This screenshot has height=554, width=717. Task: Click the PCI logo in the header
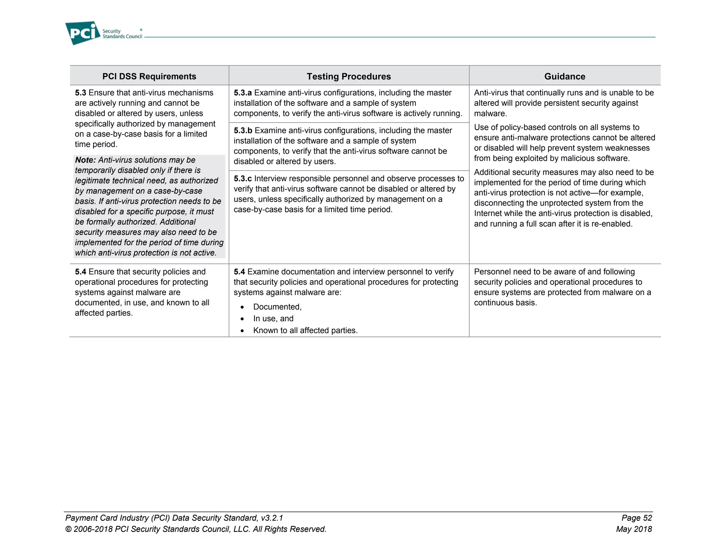click(x=83, y=33)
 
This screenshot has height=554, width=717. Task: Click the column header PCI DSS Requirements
click(x=149, y=76)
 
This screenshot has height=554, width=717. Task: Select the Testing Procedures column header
click(x=349, y=76)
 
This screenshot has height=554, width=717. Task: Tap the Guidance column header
click(x=564, y=76)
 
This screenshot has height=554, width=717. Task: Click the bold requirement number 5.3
click(x=81, y=93)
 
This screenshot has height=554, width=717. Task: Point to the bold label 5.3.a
click(x=243, y=93)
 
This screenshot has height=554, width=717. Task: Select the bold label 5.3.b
click(x=243, y=131)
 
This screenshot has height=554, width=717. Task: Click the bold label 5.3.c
click(x=243, y=179)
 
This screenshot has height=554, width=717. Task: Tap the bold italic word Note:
click(x=85, y=160)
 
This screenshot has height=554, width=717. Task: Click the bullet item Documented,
click(x=277, y=307)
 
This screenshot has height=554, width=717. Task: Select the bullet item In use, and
click(x=273, y=319)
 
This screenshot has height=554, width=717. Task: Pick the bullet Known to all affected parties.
click(x=305, y=331)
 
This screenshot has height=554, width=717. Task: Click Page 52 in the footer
click(x=636, y=518)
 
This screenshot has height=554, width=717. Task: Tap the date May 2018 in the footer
click(x=634, y=529)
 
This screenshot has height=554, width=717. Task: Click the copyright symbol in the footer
click(x=68, y=529)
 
